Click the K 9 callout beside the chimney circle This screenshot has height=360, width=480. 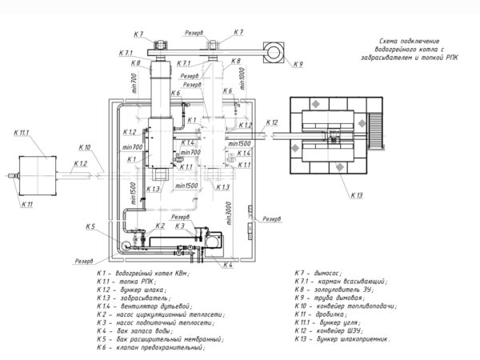click(x=298, y=63)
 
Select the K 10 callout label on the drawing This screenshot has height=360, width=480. click(x=86, y=147)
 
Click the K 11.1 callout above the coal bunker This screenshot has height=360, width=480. click(x=20, y=132)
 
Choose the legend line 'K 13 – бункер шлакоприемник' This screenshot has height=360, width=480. click(x=344, y=338)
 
